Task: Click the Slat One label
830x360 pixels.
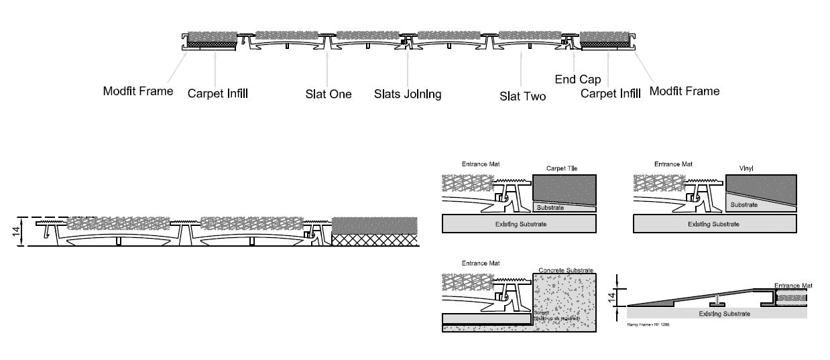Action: [328, 94]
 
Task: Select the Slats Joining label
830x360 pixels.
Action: [408, 94]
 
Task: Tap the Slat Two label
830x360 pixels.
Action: [523, 96]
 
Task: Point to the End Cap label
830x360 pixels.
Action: [578, 79]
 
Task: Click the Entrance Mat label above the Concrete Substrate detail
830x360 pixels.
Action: [481, 263]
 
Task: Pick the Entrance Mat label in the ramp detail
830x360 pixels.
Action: [793, 286]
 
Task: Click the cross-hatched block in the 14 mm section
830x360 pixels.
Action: [374, 240]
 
